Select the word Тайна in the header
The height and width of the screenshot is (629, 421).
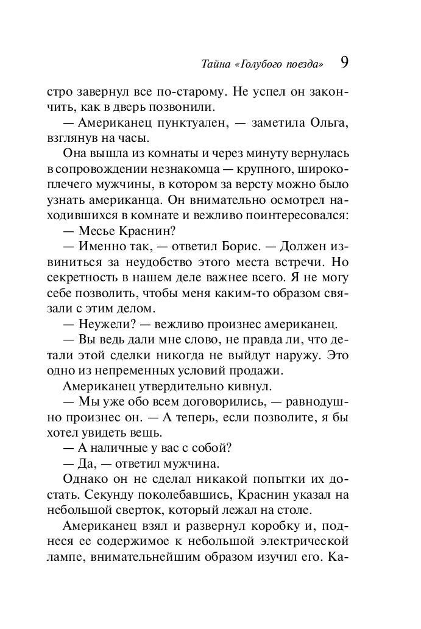(213, 63)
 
